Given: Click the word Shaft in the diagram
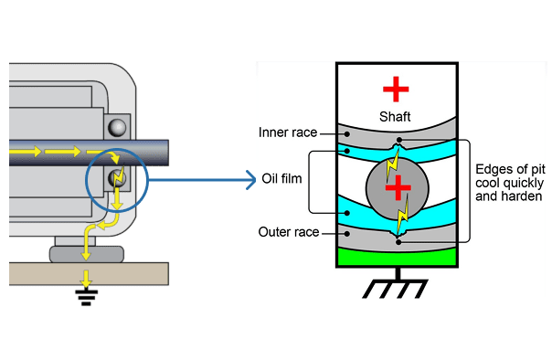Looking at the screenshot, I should (396, 117).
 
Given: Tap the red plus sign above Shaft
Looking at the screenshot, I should (396, 89).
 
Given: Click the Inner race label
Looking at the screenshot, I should (288, 132).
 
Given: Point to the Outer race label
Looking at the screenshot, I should (288, 232).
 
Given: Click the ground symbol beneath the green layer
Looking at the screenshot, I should (397, 288).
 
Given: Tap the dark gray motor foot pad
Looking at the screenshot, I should (88, 251).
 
